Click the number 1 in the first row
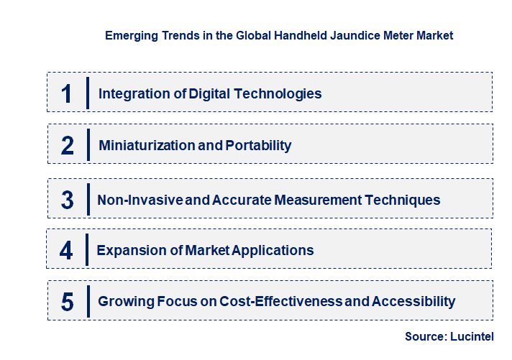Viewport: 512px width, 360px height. (67, 93)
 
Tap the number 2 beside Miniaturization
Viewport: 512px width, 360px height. (68, 146)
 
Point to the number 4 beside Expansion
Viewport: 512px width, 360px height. (67, 251)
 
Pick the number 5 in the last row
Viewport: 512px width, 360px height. (68, 302)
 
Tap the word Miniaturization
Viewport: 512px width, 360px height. (146, 146)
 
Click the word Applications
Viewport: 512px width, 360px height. (271, 251)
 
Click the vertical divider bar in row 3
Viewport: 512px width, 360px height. (87, 198)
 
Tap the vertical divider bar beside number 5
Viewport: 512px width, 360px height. (87, 300)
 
